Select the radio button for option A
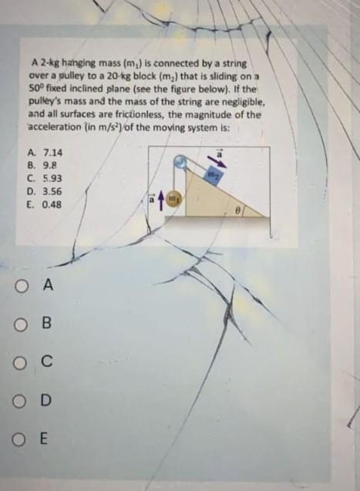click(x=20, y=286)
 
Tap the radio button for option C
click(x=19, y=363)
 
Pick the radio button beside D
click(x=19, y=402)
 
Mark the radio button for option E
click(x=19, y=439)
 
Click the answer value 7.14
click(x=52, y=153)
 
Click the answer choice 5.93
click(x=52, y=179)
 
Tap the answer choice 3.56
click(x=52, y=191)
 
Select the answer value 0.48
click(x=52, y=205)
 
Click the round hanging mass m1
click(x=173, y=199)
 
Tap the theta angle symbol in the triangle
click(x=238, y=211)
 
